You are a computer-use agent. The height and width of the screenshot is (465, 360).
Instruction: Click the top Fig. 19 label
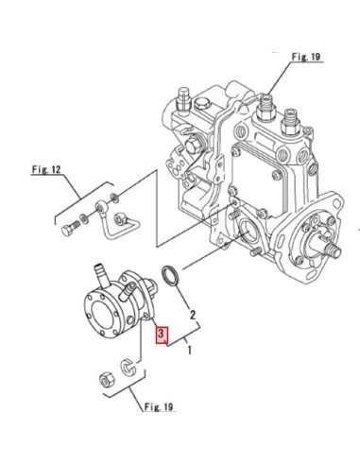click(307, 57)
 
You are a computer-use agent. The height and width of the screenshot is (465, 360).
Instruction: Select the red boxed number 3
click(162, 335)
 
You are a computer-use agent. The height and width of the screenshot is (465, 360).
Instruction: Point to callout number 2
click(192, 314)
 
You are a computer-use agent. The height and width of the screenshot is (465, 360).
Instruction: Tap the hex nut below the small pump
click(106, 380)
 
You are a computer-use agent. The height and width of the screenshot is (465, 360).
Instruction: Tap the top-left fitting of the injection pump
click(180, 98)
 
